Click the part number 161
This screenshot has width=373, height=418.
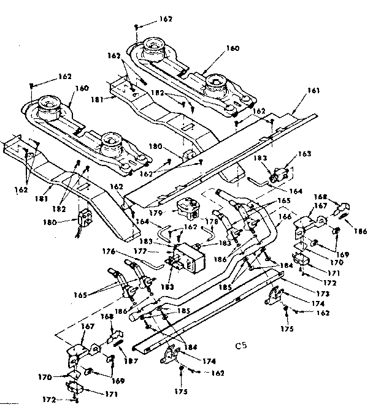pos(314,91)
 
